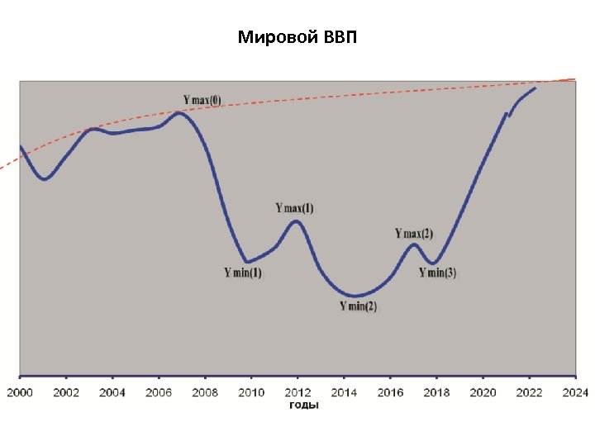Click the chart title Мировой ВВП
coord(297,38)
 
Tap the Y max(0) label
coord(202,100)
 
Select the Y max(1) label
coord(294,208)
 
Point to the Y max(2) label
coord(414,234)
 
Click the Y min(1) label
coord(243,273)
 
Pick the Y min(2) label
coord(359,306)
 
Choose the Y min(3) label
coord(437,273)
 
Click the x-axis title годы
coord(303,405)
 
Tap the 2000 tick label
coord(20,392)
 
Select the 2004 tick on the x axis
coord(112,392)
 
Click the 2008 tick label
coord(205,392)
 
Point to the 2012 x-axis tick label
coord(297,392)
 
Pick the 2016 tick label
coord(390,392)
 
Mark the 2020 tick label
coord(483,392)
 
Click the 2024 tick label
coord(575,392)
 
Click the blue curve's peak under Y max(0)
coord(180,113)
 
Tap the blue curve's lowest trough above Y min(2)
coord(355,295)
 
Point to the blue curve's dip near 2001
coord(45,178)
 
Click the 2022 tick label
coord(530,392)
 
